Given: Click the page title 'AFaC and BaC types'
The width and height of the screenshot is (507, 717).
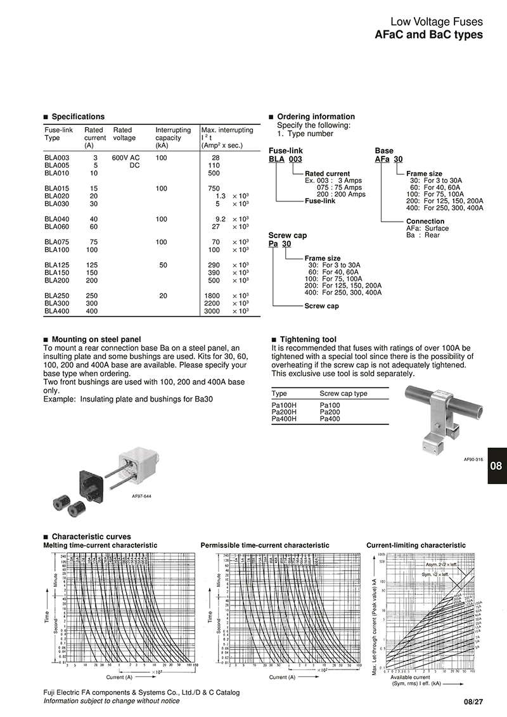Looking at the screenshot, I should pos(429,35).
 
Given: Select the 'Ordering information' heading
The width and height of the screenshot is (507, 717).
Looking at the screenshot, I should pos(316,117).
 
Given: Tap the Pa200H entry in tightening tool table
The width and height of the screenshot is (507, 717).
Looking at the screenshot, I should pos(283,412).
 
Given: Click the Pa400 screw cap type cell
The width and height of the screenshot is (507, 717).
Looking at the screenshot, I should pos(330,419).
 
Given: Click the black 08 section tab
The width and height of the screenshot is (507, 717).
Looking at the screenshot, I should pos(497,466).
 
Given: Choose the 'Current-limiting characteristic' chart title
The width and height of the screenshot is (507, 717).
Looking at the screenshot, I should pos(416,545).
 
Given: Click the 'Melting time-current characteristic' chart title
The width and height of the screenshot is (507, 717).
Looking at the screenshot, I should pos(100,545).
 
